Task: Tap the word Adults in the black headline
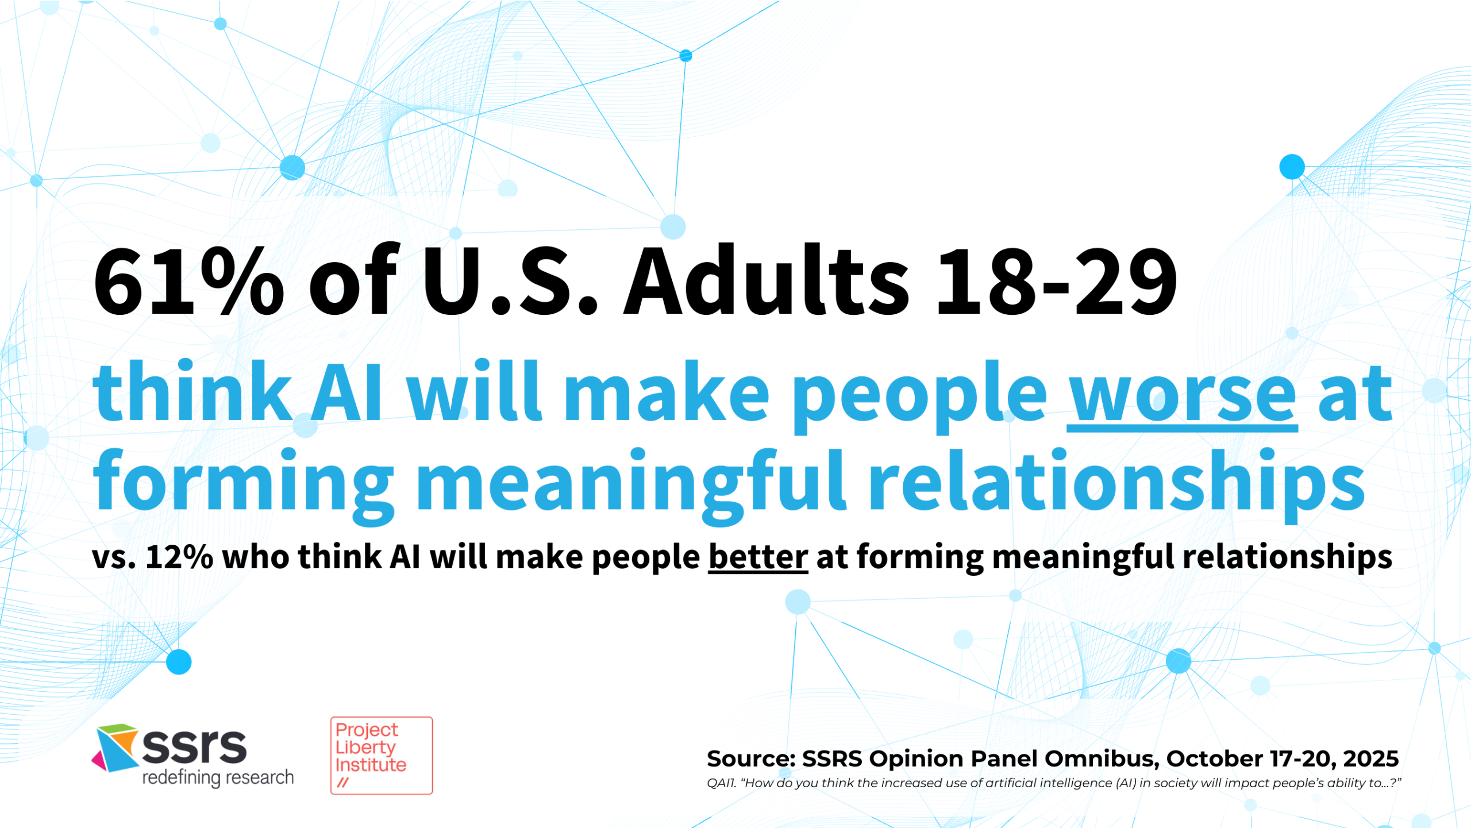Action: pyautogui.click(x=767, y=280)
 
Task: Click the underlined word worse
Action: pyautogui.click(x=1182, y=392)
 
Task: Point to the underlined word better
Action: pyautogui.click(x=758, y=556)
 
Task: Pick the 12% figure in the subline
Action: pyautogui.click(x=179, y=557)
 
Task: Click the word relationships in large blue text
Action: pyautogui.click(x=1116, y=482)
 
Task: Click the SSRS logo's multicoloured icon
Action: pyautogui.click(x=115, y=748)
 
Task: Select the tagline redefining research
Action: pyautogui.click(x=218, y=777)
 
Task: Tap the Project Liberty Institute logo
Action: pyautogui.click(x=381, y=756)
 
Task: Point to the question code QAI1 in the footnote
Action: pyautogui.click(x=721, y=783)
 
